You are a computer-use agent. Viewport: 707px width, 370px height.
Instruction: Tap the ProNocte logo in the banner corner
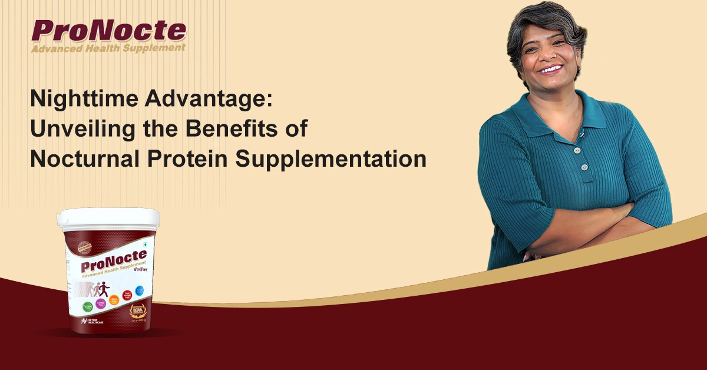pyautogui.click(x=109, y=31)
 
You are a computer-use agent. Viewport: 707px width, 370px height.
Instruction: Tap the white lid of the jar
pyautogui.click(x=108, y=219)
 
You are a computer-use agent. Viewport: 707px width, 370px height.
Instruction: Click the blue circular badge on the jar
pyautogui.click(x=140, y=289)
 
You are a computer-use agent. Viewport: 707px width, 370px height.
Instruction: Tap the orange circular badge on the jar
pyautogui.click(x=115, y=300)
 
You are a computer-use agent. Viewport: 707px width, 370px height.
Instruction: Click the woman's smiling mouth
pyautogui.click(x=550, y=69)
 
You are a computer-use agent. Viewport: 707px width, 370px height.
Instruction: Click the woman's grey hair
pyautogui.click(x=545, y=21)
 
